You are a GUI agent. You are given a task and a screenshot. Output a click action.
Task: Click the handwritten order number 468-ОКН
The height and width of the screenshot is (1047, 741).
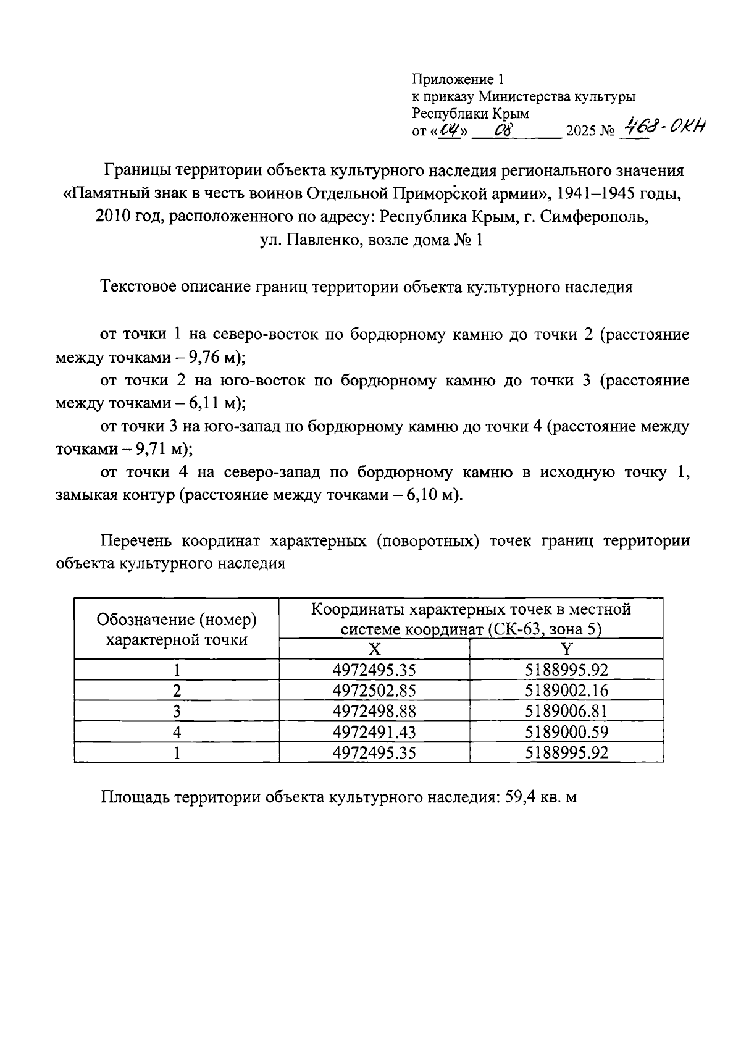click(x=664, y=128)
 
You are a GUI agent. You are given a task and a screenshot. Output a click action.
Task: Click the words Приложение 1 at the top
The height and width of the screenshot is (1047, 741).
click(x=458, y=79)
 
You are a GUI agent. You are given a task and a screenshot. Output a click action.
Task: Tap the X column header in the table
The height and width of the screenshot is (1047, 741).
click(x=374, y=649)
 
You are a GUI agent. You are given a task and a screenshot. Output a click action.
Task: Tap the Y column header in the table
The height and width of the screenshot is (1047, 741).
click(x=566, y=649)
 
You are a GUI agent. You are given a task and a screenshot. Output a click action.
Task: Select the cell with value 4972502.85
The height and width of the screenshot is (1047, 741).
click(x=374, y=690)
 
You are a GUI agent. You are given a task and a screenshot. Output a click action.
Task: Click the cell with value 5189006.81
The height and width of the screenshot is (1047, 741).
click(x=566, y=711)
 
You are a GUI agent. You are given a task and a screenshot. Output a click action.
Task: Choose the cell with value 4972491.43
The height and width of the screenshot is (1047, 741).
click(x=374, y=732)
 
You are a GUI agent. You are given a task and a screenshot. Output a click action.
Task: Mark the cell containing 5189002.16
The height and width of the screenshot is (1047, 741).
click(x=566, y=690)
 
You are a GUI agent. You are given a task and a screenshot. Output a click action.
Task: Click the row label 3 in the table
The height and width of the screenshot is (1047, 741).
click(x=177, y=711)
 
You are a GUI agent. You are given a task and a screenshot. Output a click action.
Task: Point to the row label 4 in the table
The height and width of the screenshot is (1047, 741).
click(x=177, y=732)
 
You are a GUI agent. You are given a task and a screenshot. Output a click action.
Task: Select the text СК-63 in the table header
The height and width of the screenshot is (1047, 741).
click(x=509, y=629)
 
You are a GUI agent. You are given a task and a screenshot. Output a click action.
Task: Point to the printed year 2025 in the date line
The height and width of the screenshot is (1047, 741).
click(x=580, y=131)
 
